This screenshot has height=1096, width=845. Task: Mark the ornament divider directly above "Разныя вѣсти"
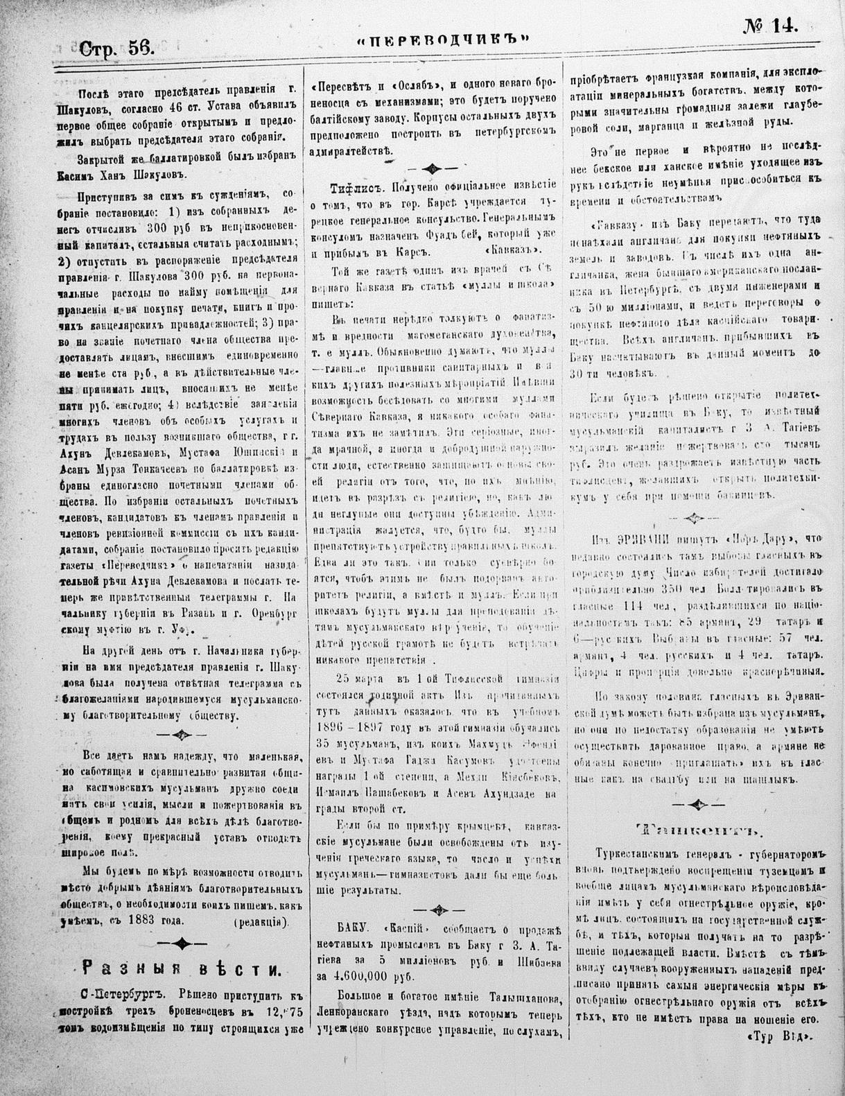(x=182, y=942)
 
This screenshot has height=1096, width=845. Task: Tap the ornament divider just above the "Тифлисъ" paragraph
(x=433, y=168)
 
